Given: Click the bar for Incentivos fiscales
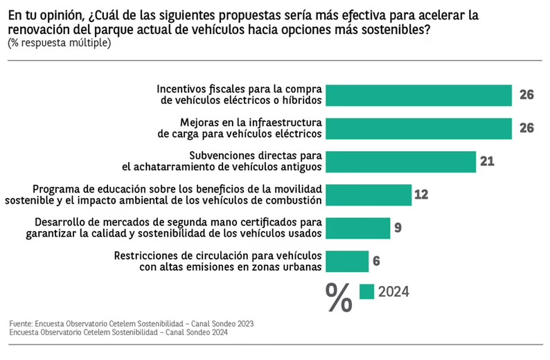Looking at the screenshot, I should (x=418, y=95).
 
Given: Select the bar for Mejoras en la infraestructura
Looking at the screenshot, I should (x=418, y=128).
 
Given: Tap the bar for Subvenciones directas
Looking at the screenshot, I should (x=400, y=161).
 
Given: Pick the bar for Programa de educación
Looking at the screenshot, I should (x=369, y=195).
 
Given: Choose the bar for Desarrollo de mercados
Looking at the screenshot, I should (x=358, y=228).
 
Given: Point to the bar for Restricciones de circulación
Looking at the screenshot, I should (x=347, y=261).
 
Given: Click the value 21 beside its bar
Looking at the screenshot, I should (x=486, y=161).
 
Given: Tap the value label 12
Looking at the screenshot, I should (x=422, y=195).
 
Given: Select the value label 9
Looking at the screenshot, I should (x=398, y=228).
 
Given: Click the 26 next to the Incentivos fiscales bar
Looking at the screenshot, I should (x=526, y=95).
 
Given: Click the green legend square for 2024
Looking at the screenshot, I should (x=366, y=291).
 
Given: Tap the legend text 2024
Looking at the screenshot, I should (x=393, y=291).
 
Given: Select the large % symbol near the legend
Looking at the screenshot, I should (x=339, y=298).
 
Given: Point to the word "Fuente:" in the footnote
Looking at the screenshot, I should (x=21, y=323).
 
